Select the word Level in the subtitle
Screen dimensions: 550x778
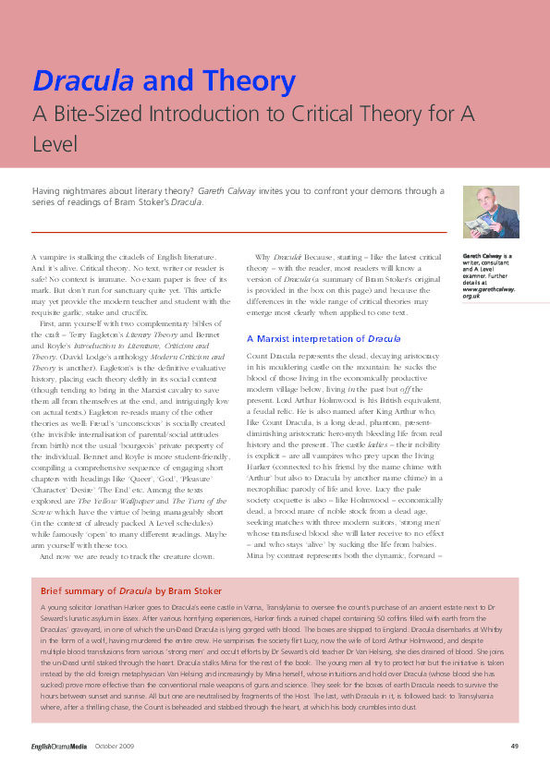click(x=55, y=143)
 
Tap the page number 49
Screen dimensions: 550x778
click(x=514, y=747)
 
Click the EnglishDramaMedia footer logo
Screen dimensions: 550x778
click(x=57, y=747)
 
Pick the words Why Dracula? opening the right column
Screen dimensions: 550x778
click(x=275, y=256)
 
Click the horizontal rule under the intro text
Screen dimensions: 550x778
click(x=238, y=231)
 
